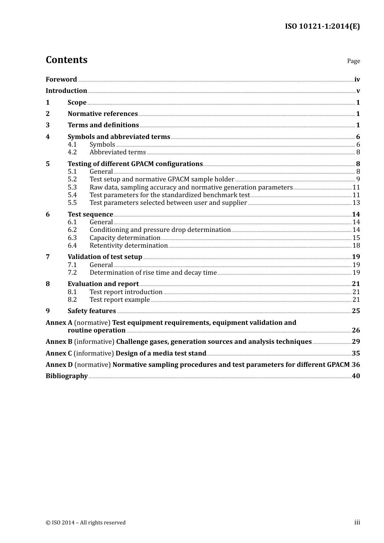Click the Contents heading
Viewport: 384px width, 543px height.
[66, 60]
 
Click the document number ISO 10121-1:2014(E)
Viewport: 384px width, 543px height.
[322, 26]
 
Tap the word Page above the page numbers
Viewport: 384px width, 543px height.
[353, 61]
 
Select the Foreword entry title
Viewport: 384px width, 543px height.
[61, 80]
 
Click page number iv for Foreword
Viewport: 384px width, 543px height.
[357, 80]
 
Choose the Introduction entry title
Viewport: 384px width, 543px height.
[66, 91]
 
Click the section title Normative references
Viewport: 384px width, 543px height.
[103, 114]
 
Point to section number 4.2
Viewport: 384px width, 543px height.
[72, 152]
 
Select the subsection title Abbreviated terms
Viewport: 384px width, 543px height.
[118, 152]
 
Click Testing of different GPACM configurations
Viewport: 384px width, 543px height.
[135, 164]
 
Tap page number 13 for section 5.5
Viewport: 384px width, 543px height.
[356, 203]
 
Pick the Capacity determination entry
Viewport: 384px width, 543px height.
[125, 238]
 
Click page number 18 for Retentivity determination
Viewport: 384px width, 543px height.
[356, 246]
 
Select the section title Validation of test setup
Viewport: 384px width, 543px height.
[105, 257]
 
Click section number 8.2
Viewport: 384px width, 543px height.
[72, 300]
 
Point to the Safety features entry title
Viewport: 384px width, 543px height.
[92, 311]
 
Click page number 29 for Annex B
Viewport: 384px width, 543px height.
[356, 342]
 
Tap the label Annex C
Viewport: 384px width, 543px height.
[59, 354]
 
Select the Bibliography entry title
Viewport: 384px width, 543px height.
[67, 376]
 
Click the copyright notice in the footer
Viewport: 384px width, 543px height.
[86, 523]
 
